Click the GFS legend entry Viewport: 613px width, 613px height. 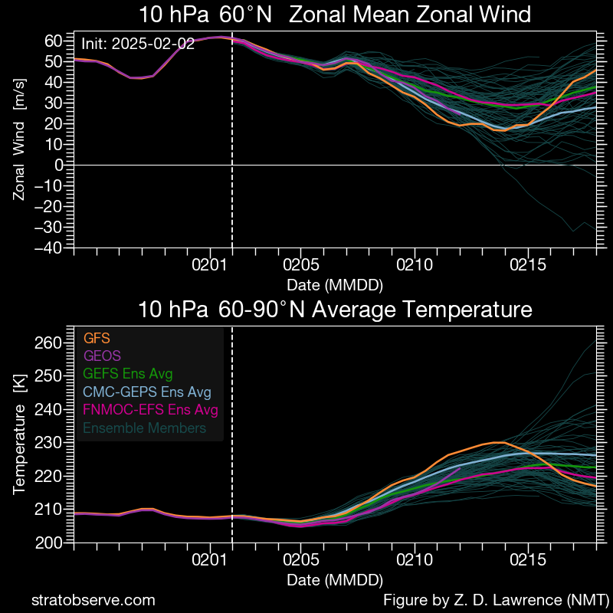pyautogui.click(x=96, y=337)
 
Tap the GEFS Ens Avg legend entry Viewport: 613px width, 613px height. pyautogui.click(x=127, y=374)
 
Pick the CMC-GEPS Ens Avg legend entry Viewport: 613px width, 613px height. pyautogui.click(x=146, y=392)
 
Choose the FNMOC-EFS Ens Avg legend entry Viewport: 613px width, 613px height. pyautogui.click(x=150, y=410)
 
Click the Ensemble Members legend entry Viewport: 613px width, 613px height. pyautogui.click(x=144, y=428)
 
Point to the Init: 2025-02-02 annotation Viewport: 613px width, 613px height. pyautogui.click(x=138, y=44)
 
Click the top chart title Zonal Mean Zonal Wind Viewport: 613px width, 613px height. pyautogui.click(x=335, y=15)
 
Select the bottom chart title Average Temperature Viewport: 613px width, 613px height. pyautogui.click(x=335, y=310)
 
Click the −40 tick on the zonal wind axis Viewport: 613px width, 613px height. pyautogui.click(x=51, y=247)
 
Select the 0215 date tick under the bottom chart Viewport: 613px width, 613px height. pyautogui.click(x=528, y=562)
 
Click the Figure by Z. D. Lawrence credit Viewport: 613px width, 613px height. pyautogui.click(x=496, y=599)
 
